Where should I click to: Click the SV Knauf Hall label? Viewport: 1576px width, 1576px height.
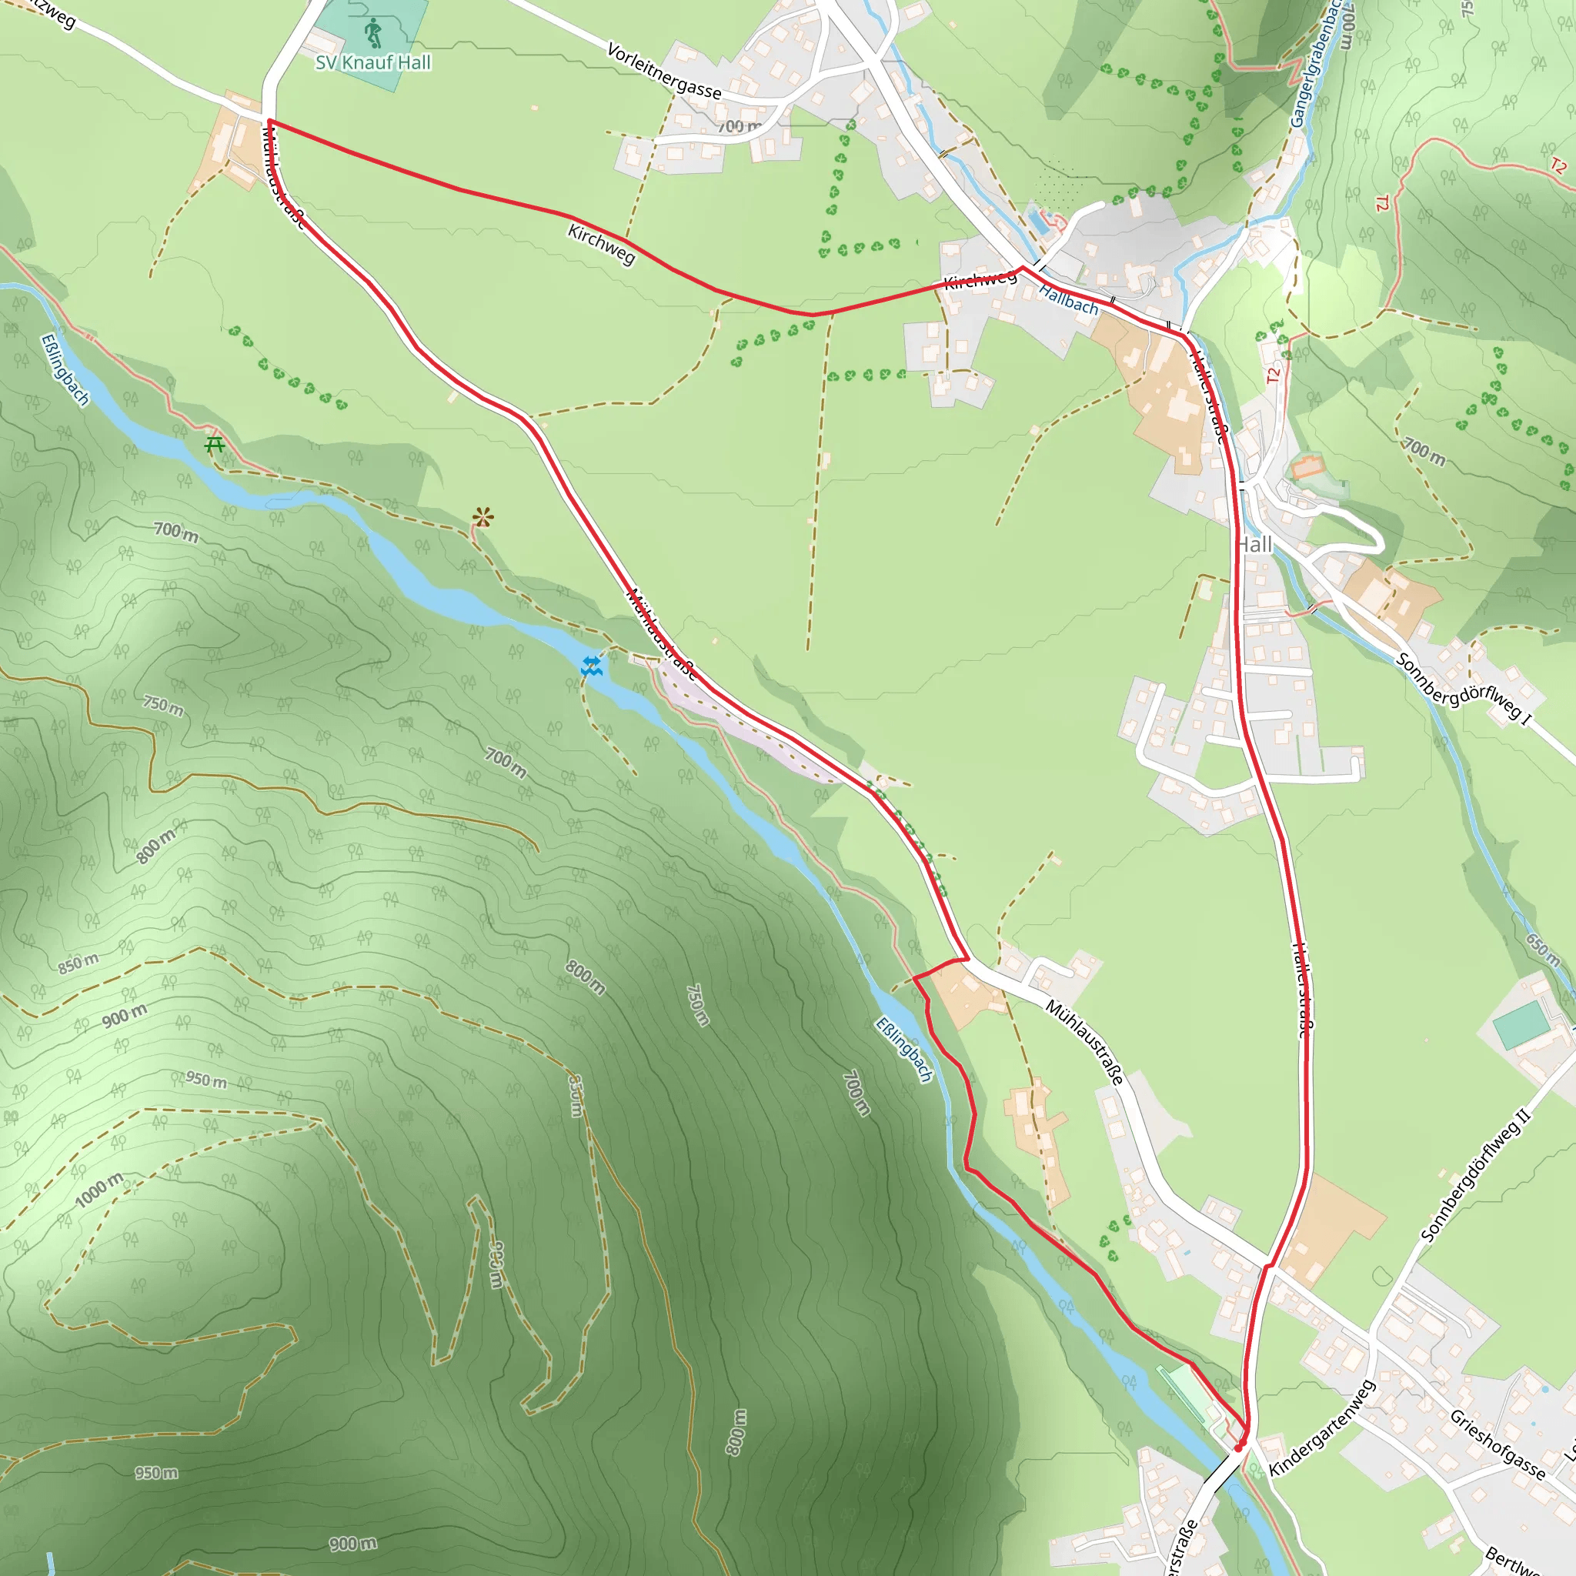[372, 63]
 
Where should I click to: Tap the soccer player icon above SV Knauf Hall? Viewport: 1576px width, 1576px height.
[373, 32]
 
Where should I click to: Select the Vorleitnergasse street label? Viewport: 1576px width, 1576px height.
[664, 72]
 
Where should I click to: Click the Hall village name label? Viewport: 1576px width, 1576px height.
[1254, 545]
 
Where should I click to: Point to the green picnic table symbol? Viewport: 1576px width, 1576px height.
[215, 445]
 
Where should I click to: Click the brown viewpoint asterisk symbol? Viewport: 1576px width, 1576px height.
[483, 517]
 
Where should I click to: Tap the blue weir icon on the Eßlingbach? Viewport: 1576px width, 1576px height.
[592, 666]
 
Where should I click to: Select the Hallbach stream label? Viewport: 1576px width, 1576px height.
[1068, 299]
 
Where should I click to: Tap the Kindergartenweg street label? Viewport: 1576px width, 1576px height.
[1321, 1427]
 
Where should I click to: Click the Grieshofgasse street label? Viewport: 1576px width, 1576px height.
[1497, 1444]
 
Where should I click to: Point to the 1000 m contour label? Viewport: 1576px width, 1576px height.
[99, 1190]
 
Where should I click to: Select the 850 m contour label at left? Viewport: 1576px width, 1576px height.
[78, 963]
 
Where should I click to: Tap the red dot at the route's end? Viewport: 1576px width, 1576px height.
[1238, 1448]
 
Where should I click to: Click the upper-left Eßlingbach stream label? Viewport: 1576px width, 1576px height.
[65, 369]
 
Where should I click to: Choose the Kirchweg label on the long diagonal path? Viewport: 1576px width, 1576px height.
[601, 245]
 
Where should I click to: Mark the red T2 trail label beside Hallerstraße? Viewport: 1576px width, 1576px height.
[1274, 376]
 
